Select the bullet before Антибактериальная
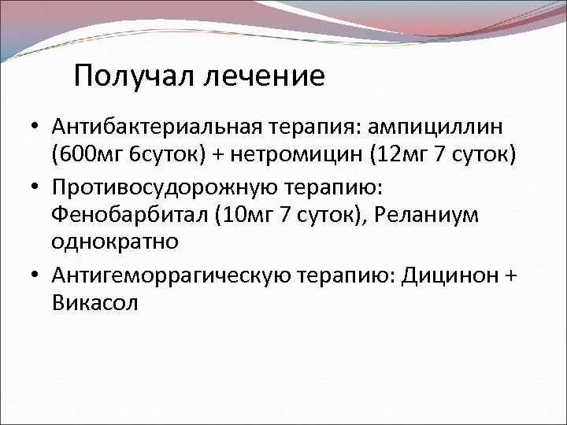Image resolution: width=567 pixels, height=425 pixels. (x=37, y=127)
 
